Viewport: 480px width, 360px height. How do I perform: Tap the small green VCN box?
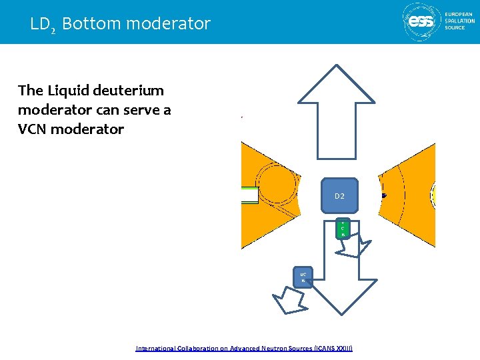click(x=343, y=229)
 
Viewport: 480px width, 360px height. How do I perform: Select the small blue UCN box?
click(x=303, y=277)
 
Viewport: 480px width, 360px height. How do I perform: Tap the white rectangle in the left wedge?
click(x=249, y=195)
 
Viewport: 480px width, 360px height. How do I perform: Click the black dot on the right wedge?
click(x=384, y=195)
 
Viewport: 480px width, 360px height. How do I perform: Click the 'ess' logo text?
click(x=421, y=21)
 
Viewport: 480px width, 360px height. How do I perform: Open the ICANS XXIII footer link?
click(x=244, y=348)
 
